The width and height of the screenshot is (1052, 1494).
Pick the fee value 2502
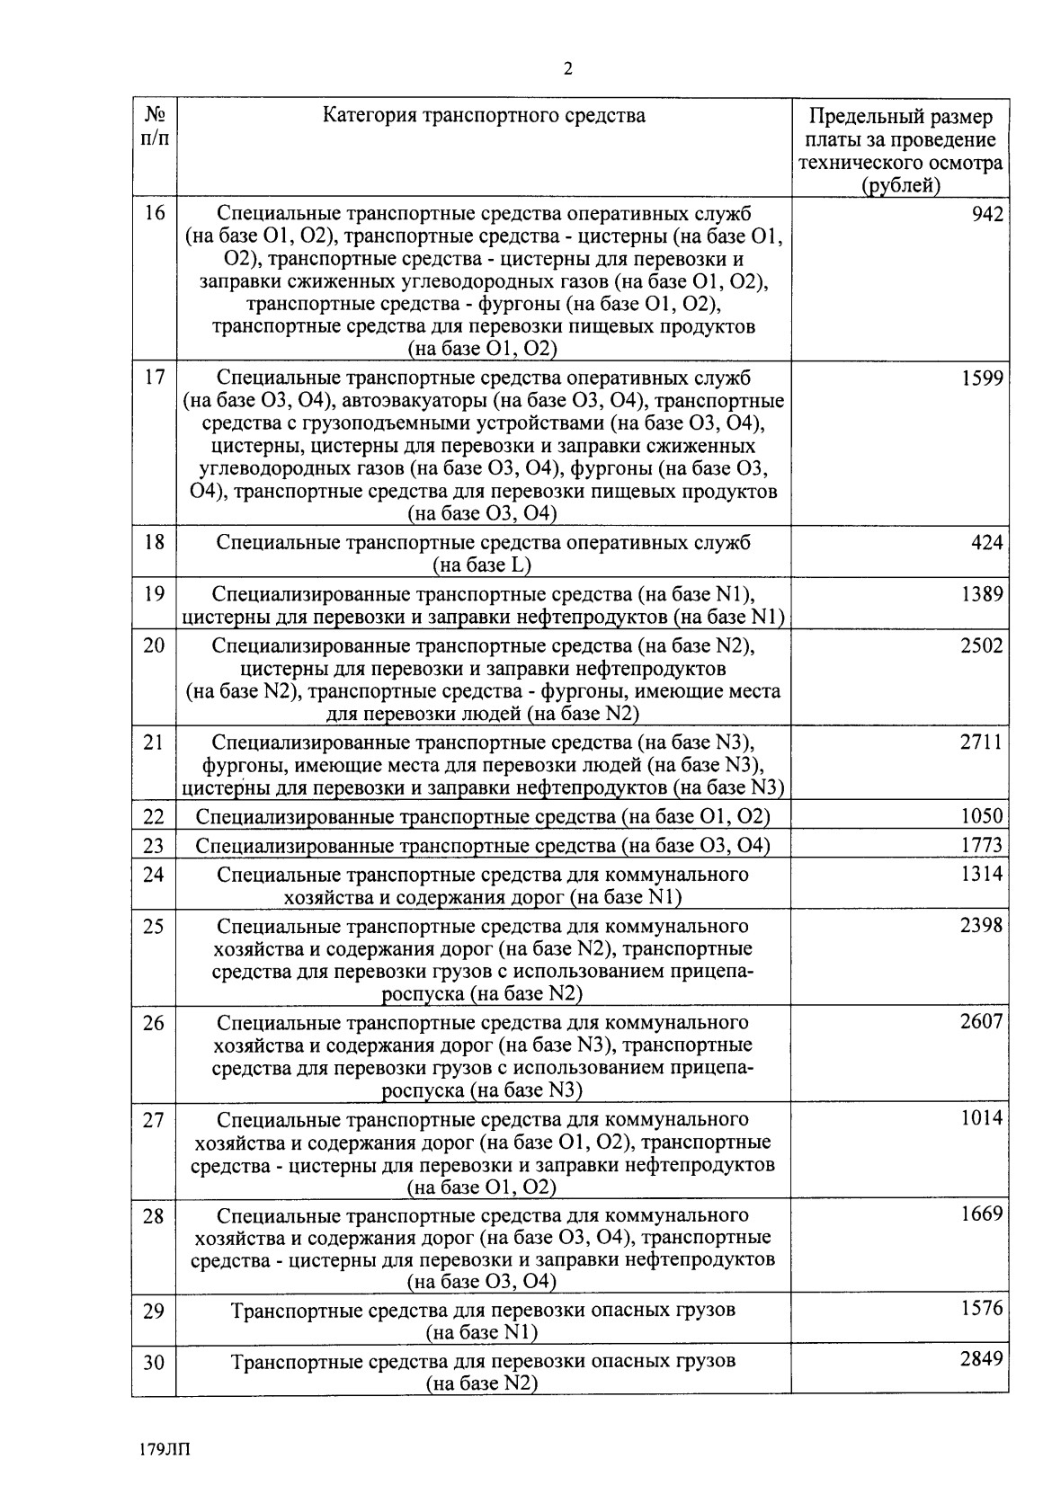click(x=981, y=645)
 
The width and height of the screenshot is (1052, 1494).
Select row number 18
click(x=154, y=543)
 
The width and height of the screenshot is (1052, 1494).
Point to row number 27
click(x=154, y=1120)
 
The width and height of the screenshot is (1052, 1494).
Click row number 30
click(x=154, y=1363)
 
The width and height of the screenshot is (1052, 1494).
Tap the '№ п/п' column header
click(x=154, y=128)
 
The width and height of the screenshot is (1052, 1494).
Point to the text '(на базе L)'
click(x=483, y=565)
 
